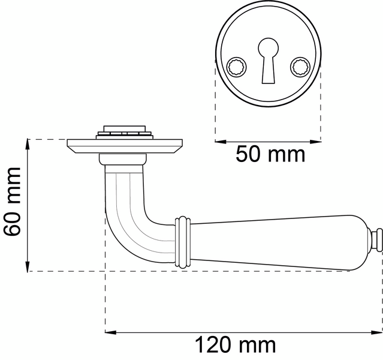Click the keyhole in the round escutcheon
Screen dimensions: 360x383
[268, 59]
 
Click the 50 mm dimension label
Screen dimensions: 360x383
[270, 155]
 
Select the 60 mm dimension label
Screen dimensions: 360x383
[13, 205]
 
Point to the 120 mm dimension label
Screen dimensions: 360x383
[235, 346]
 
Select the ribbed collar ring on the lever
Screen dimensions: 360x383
[183, 241]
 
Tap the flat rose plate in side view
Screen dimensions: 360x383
[125, 145]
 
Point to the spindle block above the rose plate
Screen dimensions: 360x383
[125, 131]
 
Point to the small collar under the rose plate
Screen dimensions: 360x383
[123, 160]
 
